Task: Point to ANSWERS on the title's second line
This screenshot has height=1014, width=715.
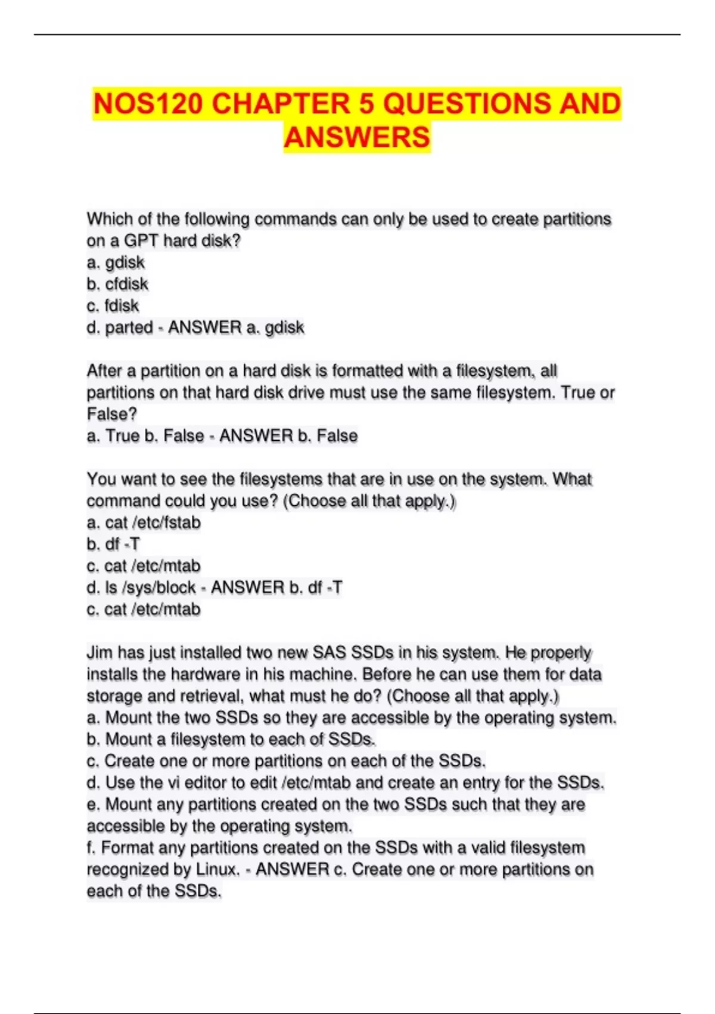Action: [357, 137]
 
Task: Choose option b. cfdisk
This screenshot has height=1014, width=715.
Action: [117, 284]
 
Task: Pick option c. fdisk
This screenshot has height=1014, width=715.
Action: [113, 306]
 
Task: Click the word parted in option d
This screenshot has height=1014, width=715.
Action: [129, 327]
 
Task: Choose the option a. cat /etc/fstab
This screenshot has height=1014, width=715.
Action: [144, 523]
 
